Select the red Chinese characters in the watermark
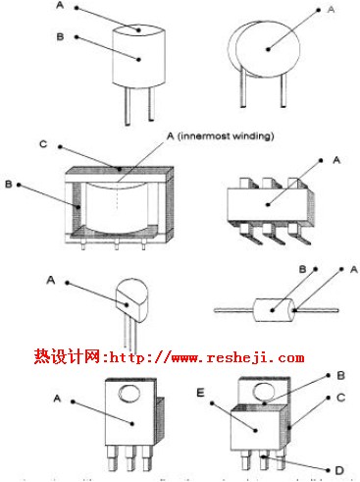click(x=63, y=358)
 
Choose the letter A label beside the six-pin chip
click(x=337, y=159)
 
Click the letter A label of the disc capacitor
click(x=330, y=10)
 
